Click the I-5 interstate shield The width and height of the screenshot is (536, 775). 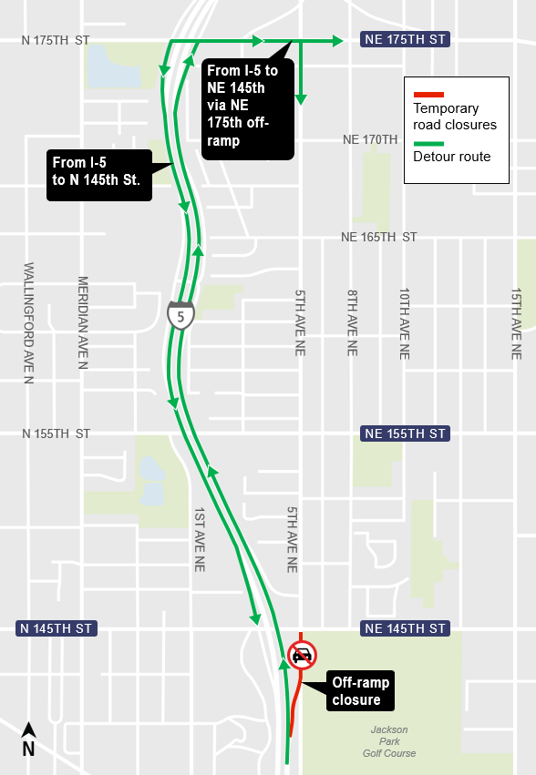[180, 314]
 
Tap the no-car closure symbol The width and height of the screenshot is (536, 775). [302, 654]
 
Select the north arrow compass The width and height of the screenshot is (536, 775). [28, 739]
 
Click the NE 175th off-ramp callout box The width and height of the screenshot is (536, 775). [248, 107]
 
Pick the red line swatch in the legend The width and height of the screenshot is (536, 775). [428, 95]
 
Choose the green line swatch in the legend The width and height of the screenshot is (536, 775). [428, 143]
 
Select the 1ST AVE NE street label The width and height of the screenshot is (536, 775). [199, 539]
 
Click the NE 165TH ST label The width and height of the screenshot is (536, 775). [378, 237]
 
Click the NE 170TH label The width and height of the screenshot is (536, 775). [370, 140]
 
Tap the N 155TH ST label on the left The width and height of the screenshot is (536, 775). [57, 433]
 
